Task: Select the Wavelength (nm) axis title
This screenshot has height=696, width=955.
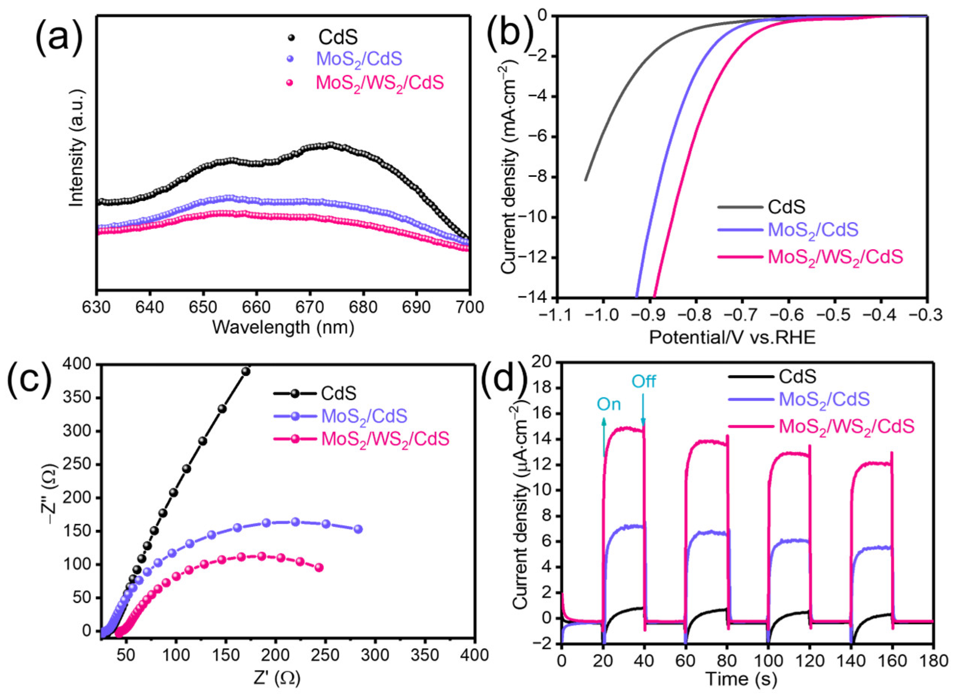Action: (283, 327)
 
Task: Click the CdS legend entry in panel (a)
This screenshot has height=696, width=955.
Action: (337, 37)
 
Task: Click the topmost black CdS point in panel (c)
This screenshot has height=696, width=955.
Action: (245, 371)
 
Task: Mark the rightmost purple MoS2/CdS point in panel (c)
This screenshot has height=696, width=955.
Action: (358, 529)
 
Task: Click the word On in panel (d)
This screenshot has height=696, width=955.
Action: (609, 405)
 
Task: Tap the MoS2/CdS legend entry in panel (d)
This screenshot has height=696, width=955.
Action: (823, 399)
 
